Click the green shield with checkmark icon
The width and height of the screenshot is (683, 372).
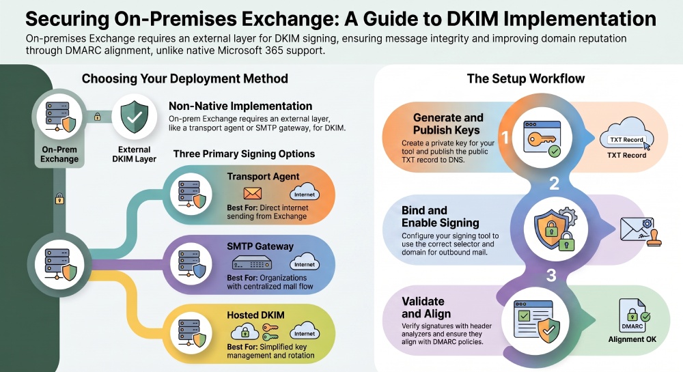(x=134, y=117)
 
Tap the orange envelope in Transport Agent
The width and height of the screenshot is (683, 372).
(x=252, y=193)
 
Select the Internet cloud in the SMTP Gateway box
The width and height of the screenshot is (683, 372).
(x=305, y=263)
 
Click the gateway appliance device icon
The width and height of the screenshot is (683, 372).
(x=252, y=263)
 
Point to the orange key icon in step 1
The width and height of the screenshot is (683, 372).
(x=542, y=139)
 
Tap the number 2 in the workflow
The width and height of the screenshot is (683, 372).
(x=554, y=184)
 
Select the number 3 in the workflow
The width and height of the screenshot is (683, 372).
(x=551, y=275)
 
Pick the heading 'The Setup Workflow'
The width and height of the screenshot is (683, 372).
(x=526, y=78)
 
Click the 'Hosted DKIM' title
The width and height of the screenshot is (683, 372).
(x=255, y=315)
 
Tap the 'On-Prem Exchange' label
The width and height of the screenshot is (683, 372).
(x=59, y=154)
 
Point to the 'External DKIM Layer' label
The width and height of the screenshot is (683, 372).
(x=134, y=154)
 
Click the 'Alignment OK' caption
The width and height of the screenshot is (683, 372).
(x=632, y=339)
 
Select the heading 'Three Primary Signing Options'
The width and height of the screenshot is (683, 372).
(x=244, y=154)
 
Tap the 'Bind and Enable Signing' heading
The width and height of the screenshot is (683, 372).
(x=441, y=216)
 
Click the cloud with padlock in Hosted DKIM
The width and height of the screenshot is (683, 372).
(x=245, y=332)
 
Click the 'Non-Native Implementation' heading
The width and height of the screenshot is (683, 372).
(x=240, y=106)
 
